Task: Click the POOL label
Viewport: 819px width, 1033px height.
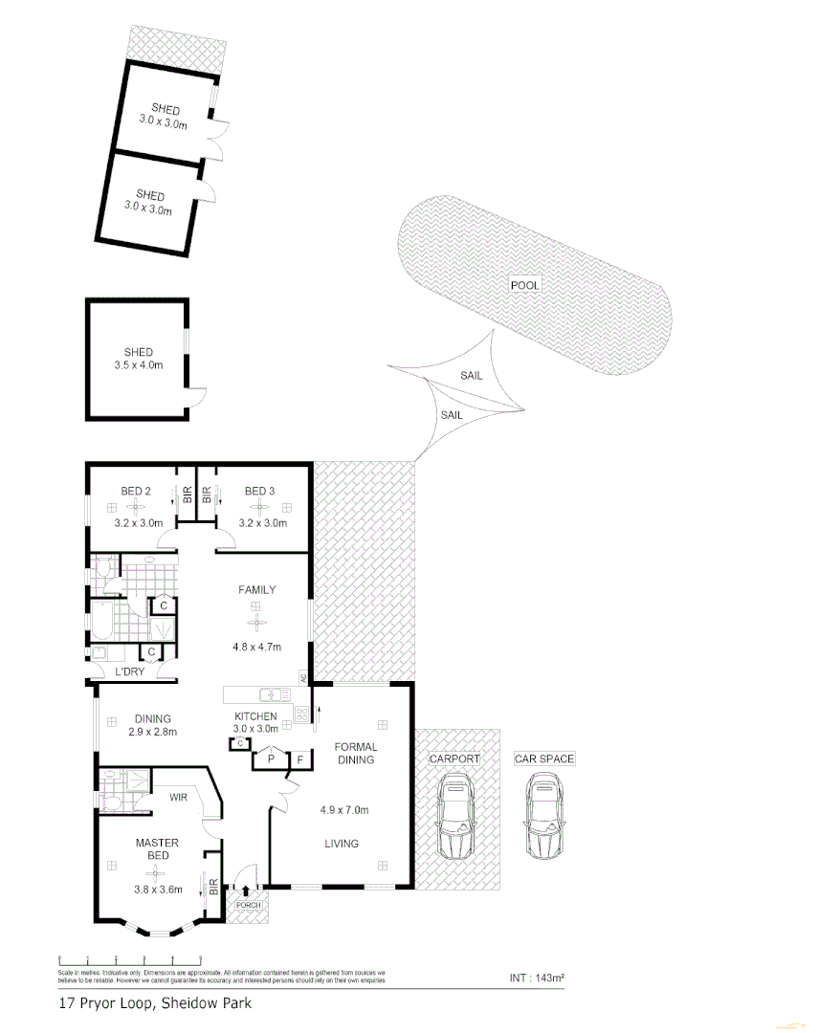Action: point(524,285)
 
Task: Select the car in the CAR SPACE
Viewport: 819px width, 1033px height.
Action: point(543,817)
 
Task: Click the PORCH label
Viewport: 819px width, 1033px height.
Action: point(248,904)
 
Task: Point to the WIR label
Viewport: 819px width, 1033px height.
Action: point(179,797)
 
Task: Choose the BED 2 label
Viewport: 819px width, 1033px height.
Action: point(137,492)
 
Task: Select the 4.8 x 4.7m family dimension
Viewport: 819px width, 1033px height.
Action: point(256,647)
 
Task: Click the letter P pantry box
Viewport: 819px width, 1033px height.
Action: point(271,758)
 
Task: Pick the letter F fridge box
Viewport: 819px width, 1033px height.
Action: point(300,758)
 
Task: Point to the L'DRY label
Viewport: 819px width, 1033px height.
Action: point(129,673)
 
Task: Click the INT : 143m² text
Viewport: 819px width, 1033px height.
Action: point(537,978)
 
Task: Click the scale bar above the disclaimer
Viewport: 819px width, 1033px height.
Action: point(130,958)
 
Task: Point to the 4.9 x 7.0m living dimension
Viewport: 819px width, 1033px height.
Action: point(344,810)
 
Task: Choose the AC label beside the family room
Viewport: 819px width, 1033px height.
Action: point(303,677)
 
